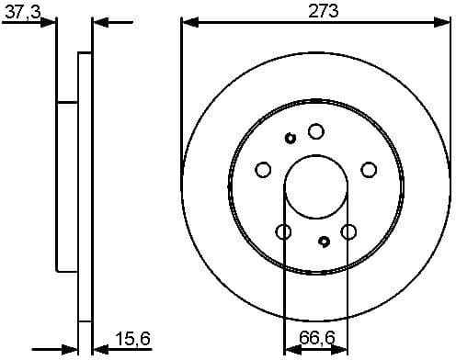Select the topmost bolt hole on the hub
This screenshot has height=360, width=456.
pyautogui.click(x=315, y=131)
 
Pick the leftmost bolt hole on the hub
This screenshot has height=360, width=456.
pyautogui.click(x=262, y=169)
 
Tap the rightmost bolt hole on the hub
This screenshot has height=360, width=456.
pyautogui.click(x=369, y=169)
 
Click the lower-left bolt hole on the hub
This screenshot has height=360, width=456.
pyautogui.click(x=283, y=231)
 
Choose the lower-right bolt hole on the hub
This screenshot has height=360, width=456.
pyautogui.click(x=348, y=231)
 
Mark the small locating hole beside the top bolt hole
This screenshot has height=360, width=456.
pyautogui.click(x=290, y=139)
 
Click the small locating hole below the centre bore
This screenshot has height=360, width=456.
pyautogui.click(x=324, y=242)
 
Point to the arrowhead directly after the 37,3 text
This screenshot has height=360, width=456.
pyautogui.click(x=51, y=22)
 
